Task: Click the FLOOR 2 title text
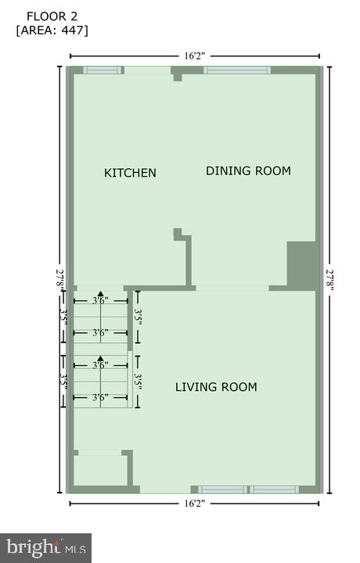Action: click(52, 16)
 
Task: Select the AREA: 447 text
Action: click(52, 30)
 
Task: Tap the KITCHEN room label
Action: click(130, 173)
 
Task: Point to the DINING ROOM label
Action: click(248, 170)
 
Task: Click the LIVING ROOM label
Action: click(216, 387)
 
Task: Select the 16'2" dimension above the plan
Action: click(195, 56)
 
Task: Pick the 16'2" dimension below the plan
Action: click(195, 504)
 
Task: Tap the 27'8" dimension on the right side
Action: click(329, 279)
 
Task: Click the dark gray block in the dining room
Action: click(301, 265)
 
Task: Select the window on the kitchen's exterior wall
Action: click(103, 70)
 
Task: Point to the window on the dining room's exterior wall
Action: click(237, 70)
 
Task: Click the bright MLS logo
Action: click(45, 547)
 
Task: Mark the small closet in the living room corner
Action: click(99, 470)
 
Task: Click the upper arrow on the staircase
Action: click(100, 295)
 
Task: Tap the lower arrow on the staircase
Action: click(100, 360)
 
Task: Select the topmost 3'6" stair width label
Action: click(100, 300)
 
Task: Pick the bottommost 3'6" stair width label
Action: click(100, 398)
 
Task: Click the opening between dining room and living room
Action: click(232, 288)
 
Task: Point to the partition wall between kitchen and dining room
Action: click(188, 262)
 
